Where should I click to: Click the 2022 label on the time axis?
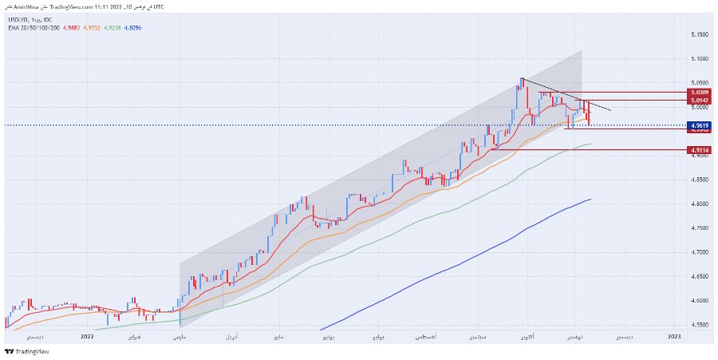coord(88,337)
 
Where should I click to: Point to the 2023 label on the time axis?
coord(674,337)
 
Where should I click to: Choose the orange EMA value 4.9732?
coord(92,26)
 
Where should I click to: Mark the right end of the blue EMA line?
coord(590,200)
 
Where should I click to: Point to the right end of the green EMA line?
coord(591,144)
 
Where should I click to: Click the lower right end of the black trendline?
coord(611,109)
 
